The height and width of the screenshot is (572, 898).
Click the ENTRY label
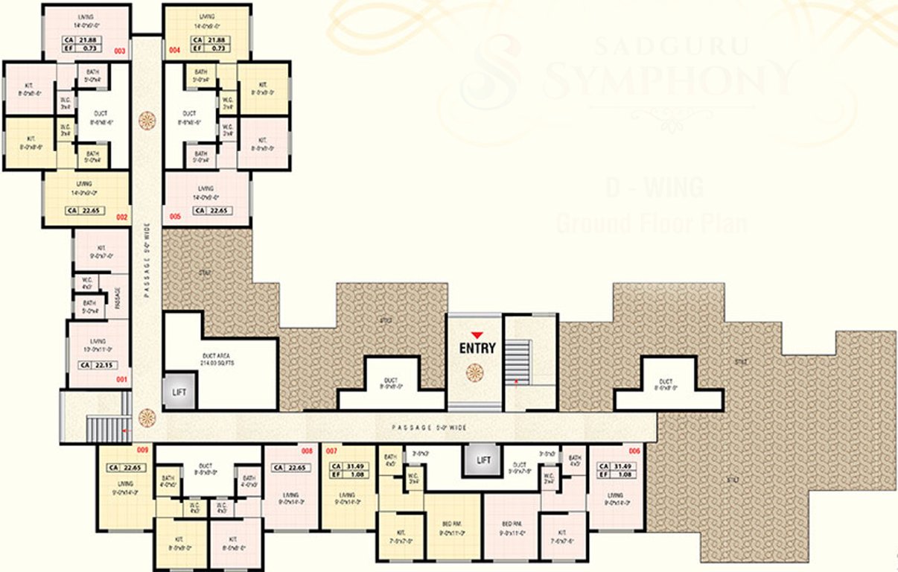click(477, 348)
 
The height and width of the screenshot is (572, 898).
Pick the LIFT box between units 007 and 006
click(483, 460)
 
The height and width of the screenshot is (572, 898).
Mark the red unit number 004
click(174, 51)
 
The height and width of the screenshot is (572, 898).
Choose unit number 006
click(634, 451)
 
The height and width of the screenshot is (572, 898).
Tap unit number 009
click(141, 451)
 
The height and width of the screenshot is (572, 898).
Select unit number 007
click(331, 451)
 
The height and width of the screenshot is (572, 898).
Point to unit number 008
click(306, 451)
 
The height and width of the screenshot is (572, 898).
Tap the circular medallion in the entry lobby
click(474, 372)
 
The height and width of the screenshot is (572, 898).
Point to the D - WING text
click(654, 188)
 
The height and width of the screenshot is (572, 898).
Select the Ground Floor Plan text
click(651, 222)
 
